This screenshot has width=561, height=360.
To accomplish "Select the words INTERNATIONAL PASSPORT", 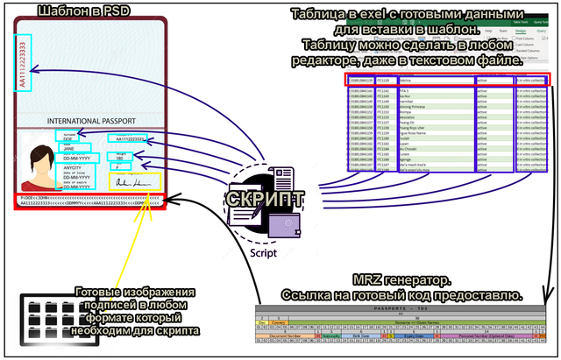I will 89,120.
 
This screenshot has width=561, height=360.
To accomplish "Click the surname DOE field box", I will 67,137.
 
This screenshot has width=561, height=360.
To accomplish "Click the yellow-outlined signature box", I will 133,182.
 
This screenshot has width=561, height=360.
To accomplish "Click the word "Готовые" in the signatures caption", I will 103,293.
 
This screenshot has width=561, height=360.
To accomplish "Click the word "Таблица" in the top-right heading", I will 320,14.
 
